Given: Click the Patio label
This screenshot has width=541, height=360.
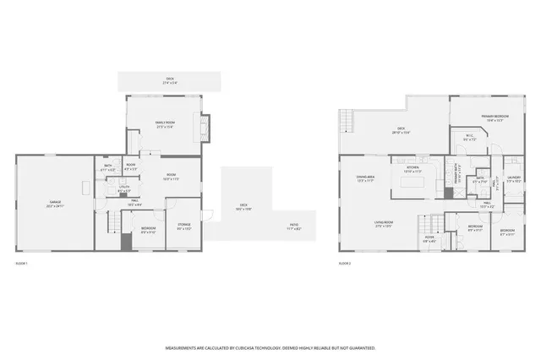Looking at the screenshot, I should (x=293, y=227).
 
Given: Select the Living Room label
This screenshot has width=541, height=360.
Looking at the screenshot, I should (x=386, y=224).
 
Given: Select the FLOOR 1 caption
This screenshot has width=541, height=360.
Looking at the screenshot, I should (x=22, y=264).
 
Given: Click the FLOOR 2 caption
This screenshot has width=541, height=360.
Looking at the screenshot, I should (x=344, y=264).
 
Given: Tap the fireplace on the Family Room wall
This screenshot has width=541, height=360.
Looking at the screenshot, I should (x=208, y=128).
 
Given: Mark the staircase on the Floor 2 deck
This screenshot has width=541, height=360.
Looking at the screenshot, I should (x=345, y=122).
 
